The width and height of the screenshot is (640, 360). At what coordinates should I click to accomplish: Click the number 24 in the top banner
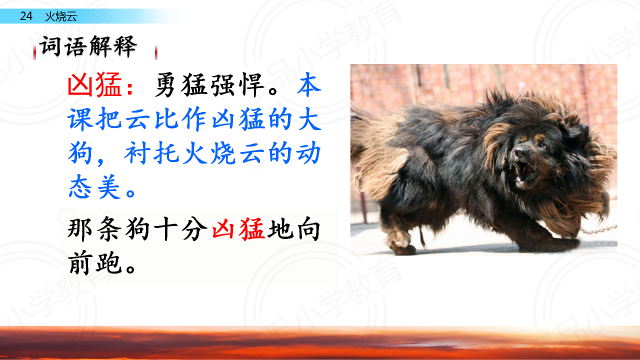point(26,16)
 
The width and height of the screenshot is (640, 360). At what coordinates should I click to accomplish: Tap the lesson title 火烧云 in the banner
point(61,16)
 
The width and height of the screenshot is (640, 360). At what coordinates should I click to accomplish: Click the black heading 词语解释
point(88,46)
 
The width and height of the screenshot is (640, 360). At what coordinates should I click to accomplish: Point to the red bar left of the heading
point(34,52)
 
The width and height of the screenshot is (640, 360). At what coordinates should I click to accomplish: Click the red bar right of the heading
point(156,52)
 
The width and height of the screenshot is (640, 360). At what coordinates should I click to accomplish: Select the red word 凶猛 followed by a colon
point(100,84)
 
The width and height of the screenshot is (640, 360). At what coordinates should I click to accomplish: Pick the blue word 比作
point(180,119)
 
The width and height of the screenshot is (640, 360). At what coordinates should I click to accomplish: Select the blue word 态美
point(94,187)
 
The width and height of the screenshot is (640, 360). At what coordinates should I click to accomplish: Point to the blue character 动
point(309,153)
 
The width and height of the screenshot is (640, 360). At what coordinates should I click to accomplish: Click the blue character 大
point(309,119)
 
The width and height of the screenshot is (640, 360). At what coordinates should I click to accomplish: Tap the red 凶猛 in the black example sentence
point(238,229)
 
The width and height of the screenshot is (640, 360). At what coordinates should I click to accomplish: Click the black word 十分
point(180,229)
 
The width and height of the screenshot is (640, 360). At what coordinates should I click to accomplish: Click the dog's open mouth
point(525,172)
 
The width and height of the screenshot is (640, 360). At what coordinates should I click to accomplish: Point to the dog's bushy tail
point(377,160)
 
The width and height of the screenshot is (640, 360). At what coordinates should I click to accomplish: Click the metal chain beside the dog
point(598,229)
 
